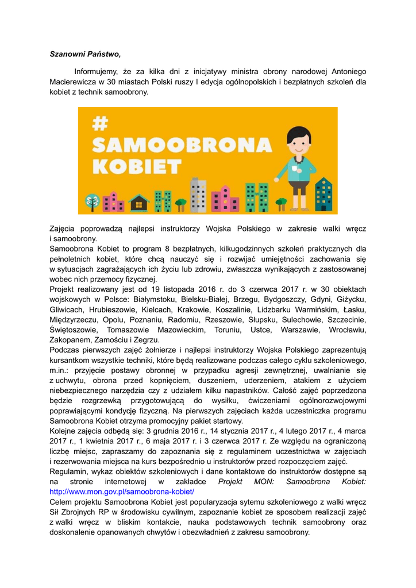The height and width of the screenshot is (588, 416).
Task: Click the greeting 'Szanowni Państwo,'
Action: point(85,55)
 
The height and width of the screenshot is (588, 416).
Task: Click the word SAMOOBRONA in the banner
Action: point(182,145)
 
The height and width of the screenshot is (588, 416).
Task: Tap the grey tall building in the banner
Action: point(198,195)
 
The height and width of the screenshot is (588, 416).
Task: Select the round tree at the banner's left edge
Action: point(91,202)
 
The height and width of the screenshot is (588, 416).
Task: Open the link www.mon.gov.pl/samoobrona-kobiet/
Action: point(122,492)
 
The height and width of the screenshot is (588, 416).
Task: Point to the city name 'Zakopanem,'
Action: point(71,340)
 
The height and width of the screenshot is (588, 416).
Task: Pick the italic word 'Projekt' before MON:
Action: point(231,482)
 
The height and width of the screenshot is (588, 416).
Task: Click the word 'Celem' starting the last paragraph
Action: point(61,502)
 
